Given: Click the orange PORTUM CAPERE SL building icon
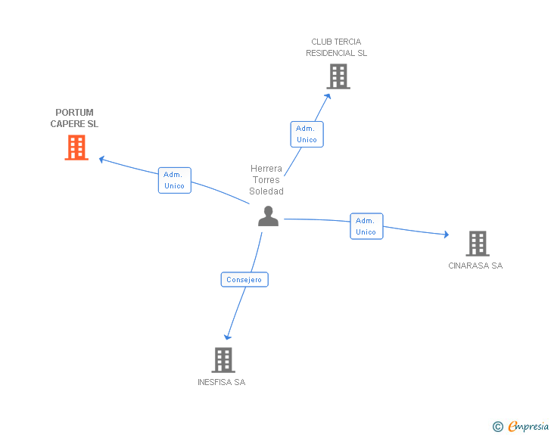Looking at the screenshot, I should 76,148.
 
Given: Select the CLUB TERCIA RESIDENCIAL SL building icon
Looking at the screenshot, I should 338,76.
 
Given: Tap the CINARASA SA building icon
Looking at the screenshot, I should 478,243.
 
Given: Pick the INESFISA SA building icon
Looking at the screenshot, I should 223,359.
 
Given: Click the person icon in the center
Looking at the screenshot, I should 268,216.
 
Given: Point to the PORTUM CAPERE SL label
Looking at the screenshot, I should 74,118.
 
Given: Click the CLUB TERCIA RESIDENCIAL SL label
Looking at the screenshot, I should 336,48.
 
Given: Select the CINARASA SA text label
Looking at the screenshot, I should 475,266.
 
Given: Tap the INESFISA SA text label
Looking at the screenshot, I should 221,382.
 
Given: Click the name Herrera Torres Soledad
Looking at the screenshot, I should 266,180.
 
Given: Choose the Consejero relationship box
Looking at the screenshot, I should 244,280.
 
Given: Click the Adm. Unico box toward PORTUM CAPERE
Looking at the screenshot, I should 174,180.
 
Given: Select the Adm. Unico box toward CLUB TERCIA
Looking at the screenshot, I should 307,134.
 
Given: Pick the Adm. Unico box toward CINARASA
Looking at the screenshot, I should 366,226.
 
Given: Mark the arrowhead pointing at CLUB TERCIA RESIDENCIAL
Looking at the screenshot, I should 328,95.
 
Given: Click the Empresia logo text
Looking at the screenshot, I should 528,427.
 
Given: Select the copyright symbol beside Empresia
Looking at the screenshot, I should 497,427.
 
